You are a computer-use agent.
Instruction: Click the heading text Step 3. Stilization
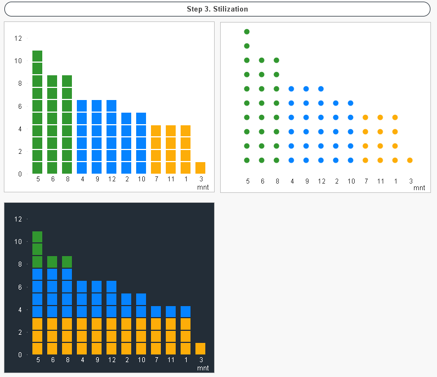pos(217,9)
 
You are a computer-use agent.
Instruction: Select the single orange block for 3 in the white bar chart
pos(200,168)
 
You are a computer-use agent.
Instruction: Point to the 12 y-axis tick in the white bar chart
pos(18,38)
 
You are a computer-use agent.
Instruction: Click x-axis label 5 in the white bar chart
pos(38,179)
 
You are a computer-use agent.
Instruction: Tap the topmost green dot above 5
pos(247,32)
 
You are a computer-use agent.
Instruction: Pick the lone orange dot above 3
pos(410,160)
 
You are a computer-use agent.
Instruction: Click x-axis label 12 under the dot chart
pos(321,181)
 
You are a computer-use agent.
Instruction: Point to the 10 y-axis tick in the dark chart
pos(18,242)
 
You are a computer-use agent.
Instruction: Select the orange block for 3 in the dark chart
pos(200,348)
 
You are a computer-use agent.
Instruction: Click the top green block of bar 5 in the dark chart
pos(37,237)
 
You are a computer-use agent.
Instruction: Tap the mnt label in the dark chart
pos(203,368)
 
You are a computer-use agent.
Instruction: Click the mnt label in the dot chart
pos(419,188)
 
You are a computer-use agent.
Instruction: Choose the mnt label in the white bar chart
pos(203,187)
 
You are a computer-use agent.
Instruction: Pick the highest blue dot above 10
pos(350,103)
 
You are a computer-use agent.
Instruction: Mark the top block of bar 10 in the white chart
pos(141,118)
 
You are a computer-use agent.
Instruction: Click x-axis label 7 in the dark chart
pos(156,360)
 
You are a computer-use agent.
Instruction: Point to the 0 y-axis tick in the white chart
pos(20,174)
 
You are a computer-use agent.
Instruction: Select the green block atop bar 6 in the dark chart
pos(52,262)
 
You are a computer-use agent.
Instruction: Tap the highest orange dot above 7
pos(365,117)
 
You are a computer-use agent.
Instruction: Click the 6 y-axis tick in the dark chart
pos(20,287)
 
